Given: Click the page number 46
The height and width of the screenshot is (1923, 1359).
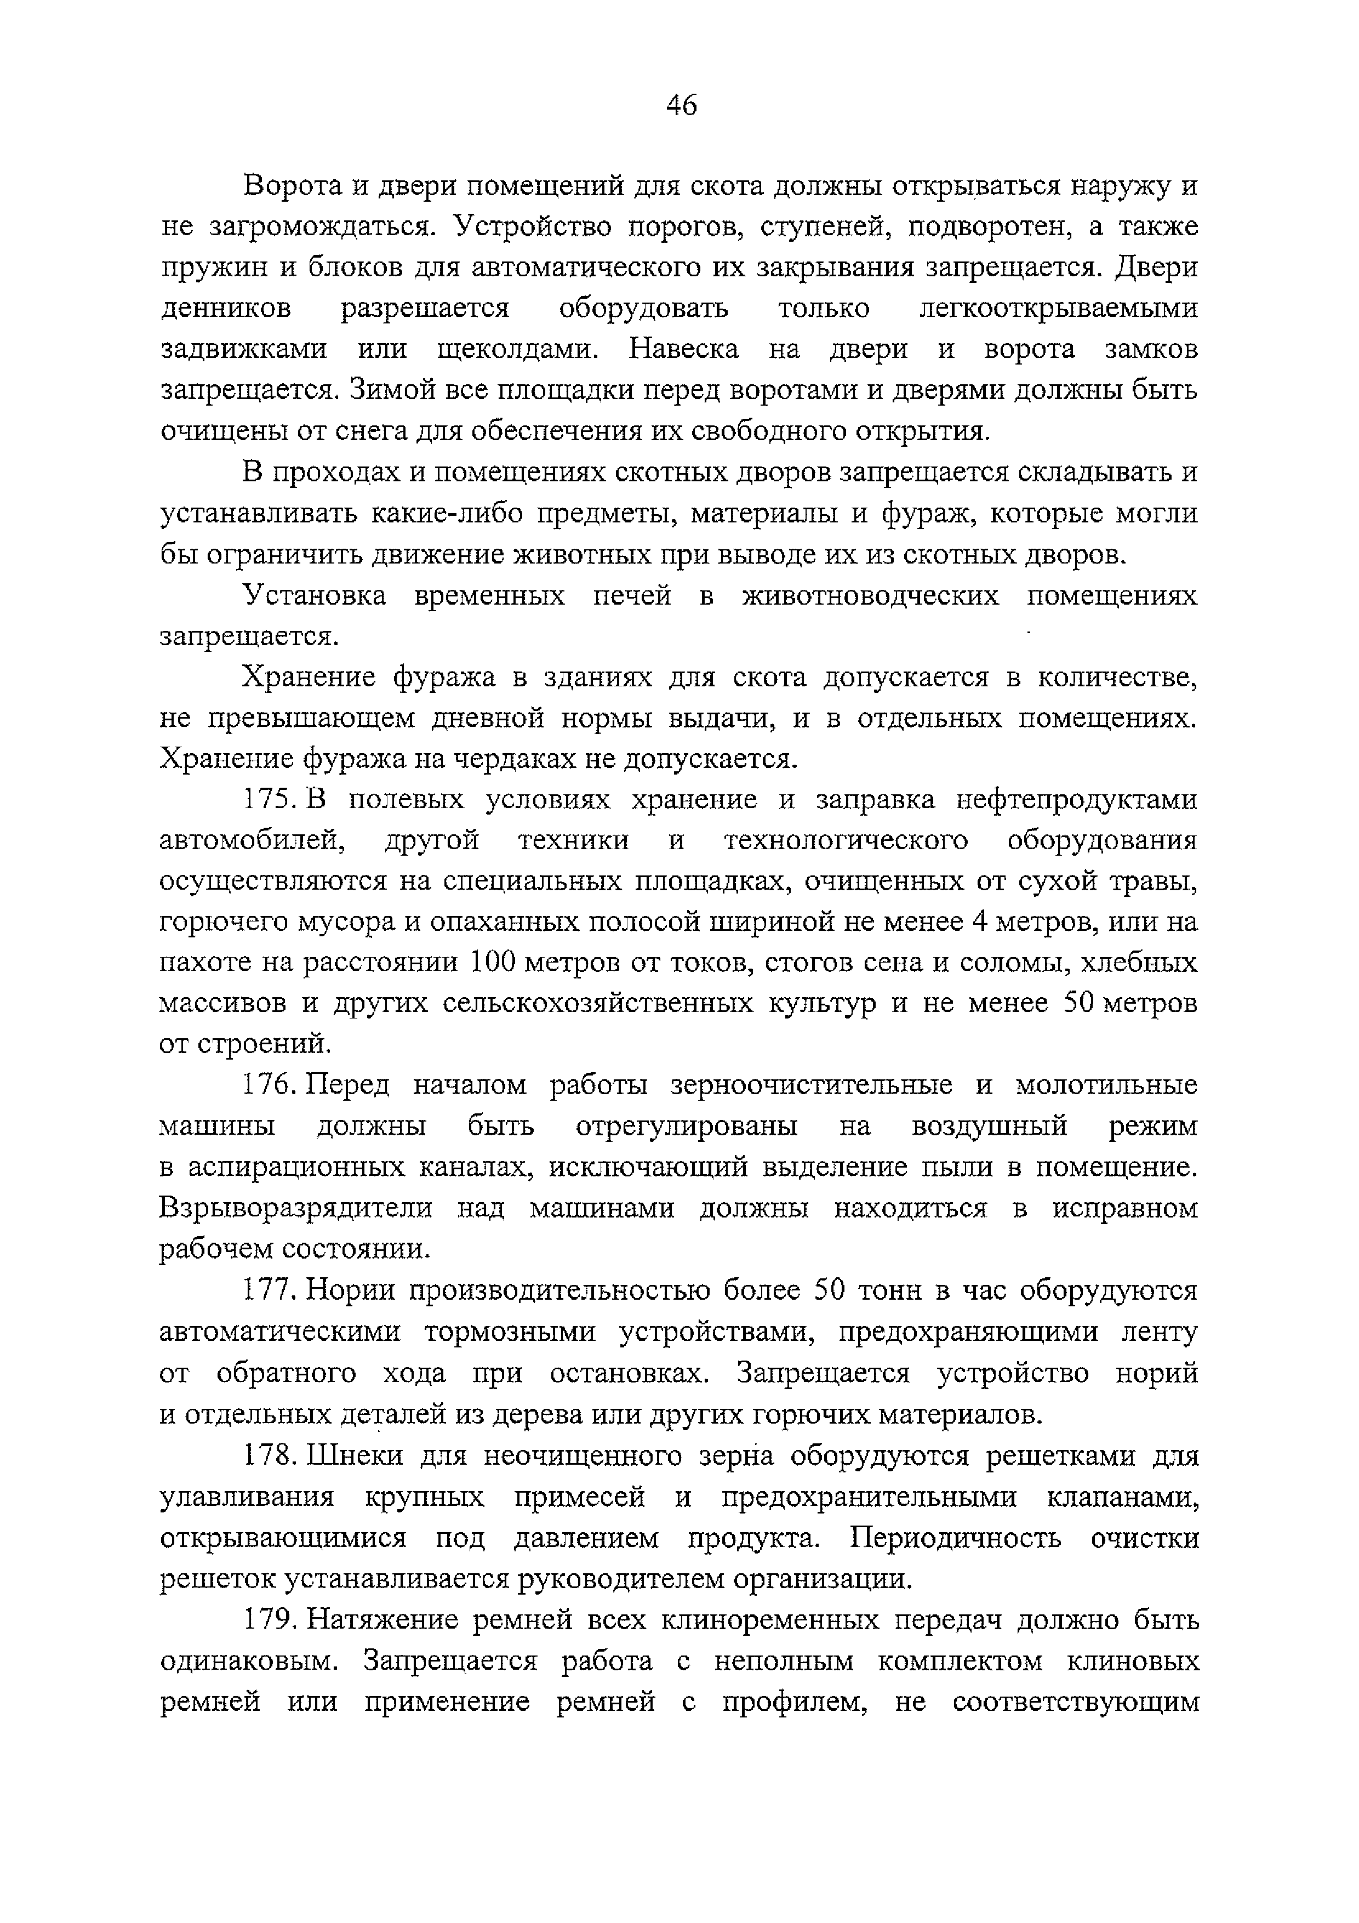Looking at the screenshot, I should coord(681,106).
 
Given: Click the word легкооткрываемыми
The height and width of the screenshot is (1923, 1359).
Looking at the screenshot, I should coord(1058,309).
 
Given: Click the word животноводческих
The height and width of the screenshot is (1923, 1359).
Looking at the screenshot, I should coord(871,596).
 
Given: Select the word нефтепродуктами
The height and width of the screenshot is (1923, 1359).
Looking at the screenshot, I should coord(1076,801).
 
